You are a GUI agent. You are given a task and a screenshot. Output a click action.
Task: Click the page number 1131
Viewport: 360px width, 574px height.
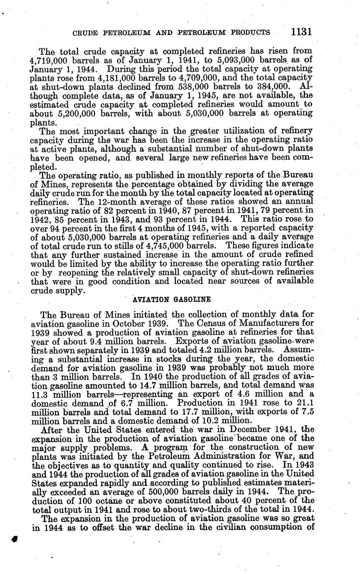(x=301, y=32)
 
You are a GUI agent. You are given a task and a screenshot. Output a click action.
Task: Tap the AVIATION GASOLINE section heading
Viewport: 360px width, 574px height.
(x=172, y=299)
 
